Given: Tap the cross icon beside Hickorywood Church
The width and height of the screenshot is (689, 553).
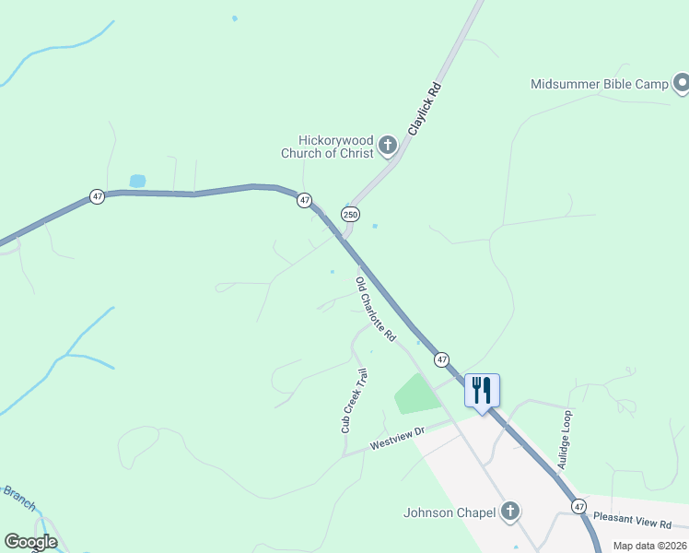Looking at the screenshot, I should pos(388,145).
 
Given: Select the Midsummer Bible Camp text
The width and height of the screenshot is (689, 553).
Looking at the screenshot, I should pos(599,84).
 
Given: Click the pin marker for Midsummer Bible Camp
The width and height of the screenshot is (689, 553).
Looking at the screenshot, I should pos(682,85).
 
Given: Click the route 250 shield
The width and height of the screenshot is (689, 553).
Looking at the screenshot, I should pos(350,214).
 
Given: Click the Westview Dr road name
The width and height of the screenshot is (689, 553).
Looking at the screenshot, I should pos(396,438).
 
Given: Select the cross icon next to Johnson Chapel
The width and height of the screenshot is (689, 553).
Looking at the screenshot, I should pos(510,512).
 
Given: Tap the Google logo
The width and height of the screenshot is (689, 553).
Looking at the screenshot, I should pos(30,542).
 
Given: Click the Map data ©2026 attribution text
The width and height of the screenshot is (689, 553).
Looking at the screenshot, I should pos(649,546).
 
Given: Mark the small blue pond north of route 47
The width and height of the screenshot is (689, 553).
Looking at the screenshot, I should pos(137,181).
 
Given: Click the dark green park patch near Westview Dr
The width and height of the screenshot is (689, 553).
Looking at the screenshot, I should pos(415,394).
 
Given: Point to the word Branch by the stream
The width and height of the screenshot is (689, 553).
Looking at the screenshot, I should pos(18,498).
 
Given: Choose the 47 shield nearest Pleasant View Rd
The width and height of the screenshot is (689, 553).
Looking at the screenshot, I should pos(578,506).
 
